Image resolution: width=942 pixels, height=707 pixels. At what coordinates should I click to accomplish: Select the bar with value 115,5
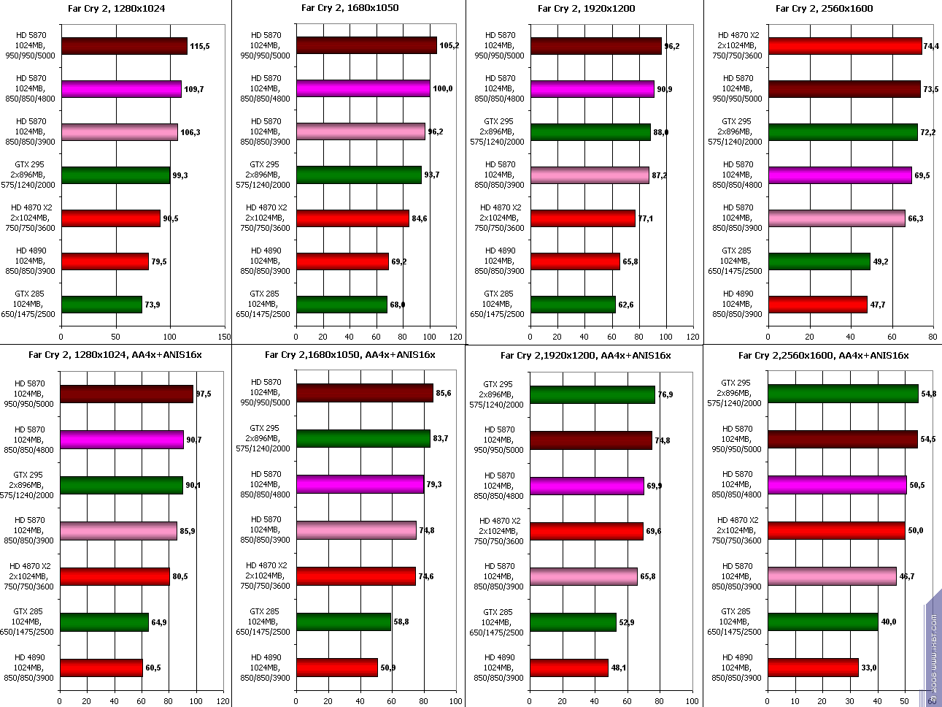tap(124, 46)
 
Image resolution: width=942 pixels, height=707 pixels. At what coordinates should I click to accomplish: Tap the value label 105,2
tap(449, 46)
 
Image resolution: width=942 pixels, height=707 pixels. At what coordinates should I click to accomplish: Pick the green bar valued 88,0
tap(590, 132)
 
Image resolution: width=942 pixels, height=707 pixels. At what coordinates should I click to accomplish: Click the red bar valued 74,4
tap(845, 46)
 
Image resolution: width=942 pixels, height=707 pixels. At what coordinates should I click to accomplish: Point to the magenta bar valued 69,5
tap(840, 175)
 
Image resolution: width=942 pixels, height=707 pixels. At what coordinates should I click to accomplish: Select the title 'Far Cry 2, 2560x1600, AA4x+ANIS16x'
tap(823, 356)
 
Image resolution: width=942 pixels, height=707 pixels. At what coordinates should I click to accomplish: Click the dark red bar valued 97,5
tap(127, 394)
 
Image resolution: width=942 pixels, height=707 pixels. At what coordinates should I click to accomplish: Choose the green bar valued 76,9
tap(592, 394)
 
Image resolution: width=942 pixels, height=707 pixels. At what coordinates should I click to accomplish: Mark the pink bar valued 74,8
tap(356, 530)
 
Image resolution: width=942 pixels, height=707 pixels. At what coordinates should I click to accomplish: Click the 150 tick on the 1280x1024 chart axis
tap(224, 337)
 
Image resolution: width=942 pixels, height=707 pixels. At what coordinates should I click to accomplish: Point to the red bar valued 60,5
tap(101, 668)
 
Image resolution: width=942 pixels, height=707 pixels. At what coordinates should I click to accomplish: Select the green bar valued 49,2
tap(819, 261)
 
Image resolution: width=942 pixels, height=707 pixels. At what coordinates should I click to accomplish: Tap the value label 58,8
tap(401, 622)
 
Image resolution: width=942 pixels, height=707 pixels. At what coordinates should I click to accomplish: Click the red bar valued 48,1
tap(569, 668)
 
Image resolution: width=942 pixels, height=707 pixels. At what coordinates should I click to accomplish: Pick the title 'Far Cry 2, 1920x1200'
tap(586, 9)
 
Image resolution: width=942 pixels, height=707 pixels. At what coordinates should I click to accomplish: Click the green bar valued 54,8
tap(843, 394)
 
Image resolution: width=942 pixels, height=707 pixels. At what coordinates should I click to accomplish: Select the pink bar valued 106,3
tap(120, 132)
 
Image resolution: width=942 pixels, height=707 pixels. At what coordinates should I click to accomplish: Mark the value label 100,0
tap(443, 89)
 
